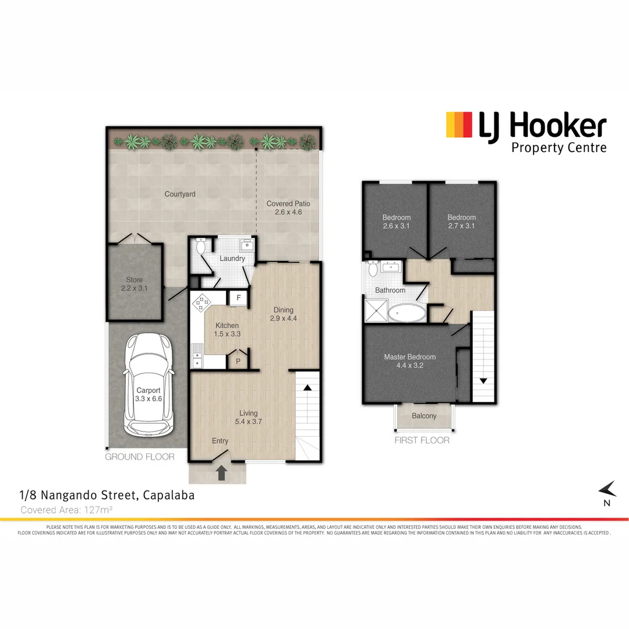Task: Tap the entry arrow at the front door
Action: (222, 472)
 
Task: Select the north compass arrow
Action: (607, 489)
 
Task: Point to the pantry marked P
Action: (238, 361)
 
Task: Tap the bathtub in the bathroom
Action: (407, 313)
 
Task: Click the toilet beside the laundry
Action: (201, 247)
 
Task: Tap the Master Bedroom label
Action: (409, 357)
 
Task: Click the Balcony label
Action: (423, 416)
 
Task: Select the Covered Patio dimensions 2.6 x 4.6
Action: (288, 213)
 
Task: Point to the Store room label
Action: (135, 280)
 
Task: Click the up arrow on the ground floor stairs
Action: (308, 387)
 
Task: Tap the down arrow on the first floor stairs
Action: (483, 381)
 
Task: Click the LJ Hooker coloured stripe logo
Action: (458, 125)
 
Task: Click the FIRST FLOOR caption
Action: (422, 440)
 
